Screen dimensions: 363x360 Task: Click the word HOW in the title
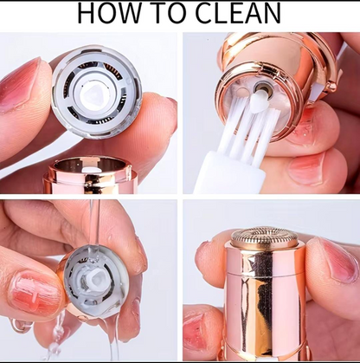112,14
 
